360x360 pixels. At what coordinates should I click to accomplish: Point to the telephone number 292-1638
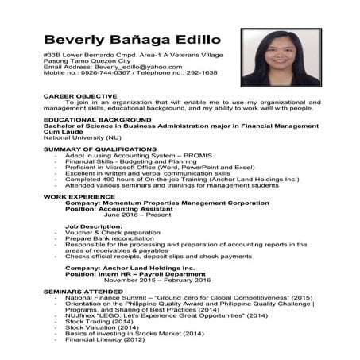pos(199,73)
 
